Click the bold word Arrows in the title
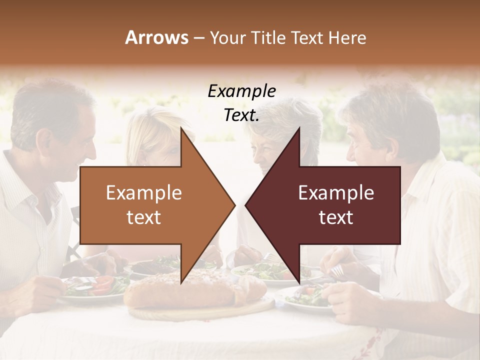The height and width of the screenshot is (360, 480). click(156, 37)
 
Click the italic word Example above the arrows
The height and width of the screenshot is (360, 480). click(241, 91)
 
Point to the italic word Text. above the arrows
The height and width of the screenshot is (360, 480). click(241, 115)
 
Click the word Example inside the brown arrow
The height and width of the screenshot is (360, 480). click(144, 193)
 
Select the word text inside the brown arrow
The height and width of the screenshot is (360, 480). click(144, 217)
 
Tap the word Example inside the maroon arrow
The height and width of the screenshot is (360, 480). click(336, 193)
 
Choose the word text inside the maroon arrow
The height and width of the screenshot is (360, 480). click(336, 217)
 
